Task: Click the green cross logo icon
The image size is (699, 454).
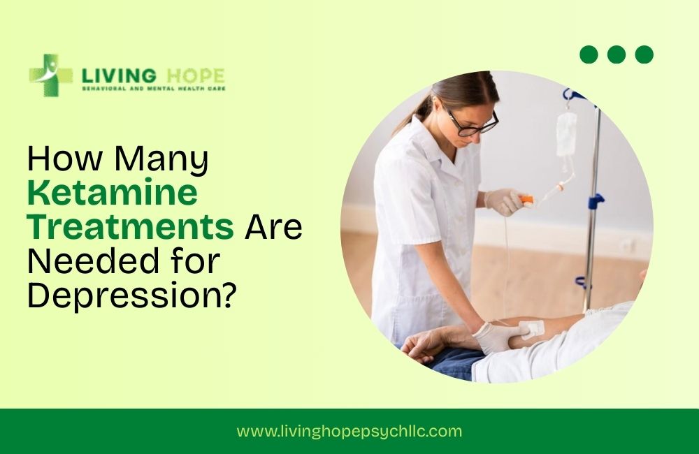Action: click(x=50, y=75)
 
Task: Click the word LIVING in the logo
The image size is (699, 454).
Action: click(x=112, y=75)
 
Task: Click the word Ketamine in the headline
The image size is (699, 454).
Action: click(x=112, y=193)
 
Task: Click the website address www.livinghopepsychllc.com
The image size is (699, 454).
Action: click(x=349, y=431)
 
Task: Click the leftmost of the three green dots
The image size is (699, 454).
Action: click(x=589, y=54)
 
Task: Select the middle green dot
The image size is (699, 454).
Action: click(x=617, y=54)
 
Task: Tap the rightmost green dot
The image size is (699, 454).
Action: click(x=644, y=54)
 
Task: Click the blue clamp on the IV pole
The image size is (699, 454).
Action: click(x=595, y=202)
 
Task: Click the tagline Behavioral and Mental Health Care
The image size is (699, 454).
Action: click(x=153, y=89)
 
